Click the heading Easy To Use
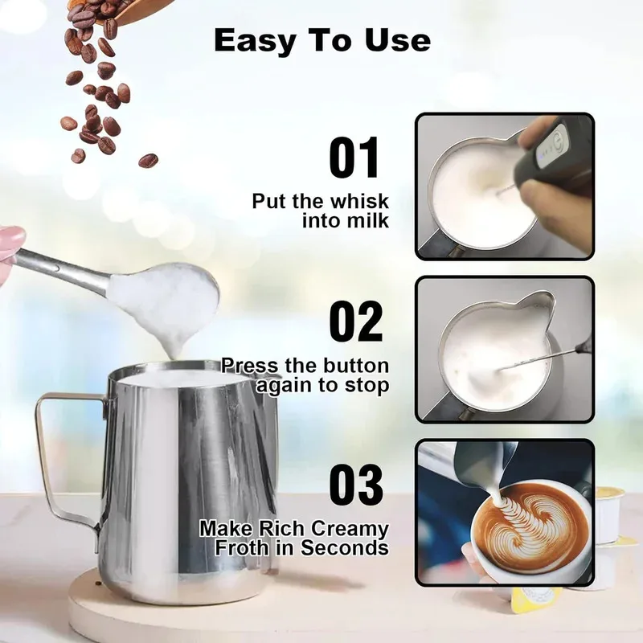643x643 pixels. pyautogui.click(x=321, y=40)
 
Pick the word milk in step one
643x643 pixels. pyautogui.click(x=367, y=220)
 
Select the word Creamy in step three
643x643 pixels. pyautogui.click(x=350, y=529)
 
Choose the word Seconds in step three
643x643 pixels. pyautogui.click(x=346, y=548)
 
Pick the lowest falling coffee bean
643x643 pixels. pyautogui.click(x=148, y=160)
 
